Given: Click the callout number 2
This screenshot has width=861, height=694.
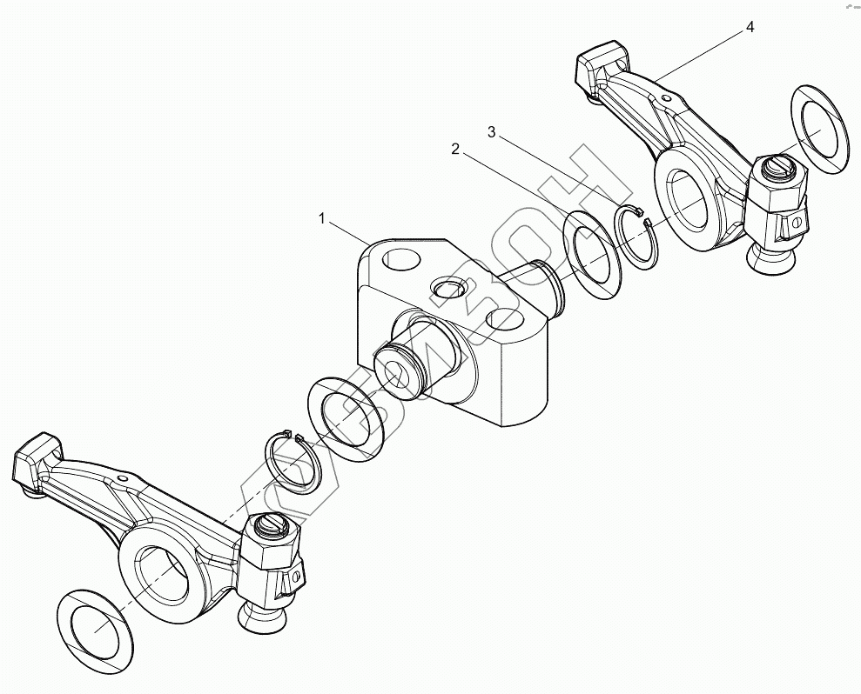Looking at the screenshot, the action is pos(455,149).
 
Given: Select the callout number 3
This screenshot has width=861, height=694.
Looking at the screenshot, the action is pos(492,132).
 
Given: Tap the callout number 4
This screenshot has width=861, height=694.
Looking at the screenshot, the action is pos(750,28).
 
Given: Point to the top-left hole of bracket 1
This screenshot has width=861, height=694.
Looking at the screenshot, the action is pos(400,258).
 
